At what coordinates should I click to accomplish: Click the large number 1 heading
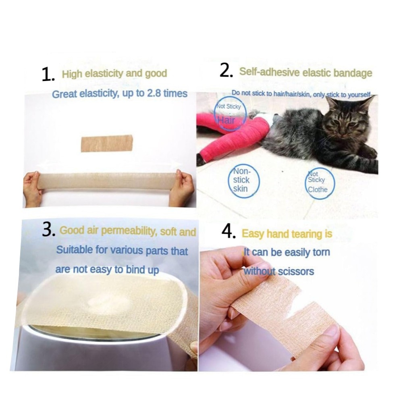pyautogui.click(x=48, y=75)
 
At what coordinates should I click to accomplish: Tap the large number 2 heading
pyautogui.click(x=226, y=71)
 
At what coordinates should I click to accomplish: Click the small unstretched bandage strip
pyautogui.click(x=107, y=143)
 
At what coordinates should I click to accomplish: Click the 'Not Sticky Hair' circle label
pyautogui.click(x=230, y=114)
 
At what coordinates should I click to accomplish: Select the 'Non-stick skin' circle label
pyautogui.click(x=243, y=181)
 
